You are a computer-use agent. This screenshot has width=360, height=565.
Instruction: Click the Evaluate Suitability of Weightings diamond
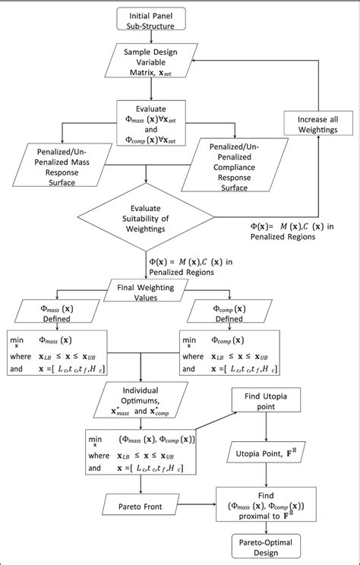tap(145, 220)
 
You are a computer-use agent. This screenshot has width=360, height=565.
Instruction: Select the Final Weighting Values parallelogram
tap(145, 292)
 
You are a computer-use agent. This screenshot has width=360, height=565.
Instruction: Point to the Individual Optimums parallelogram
tap(145, 405)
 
